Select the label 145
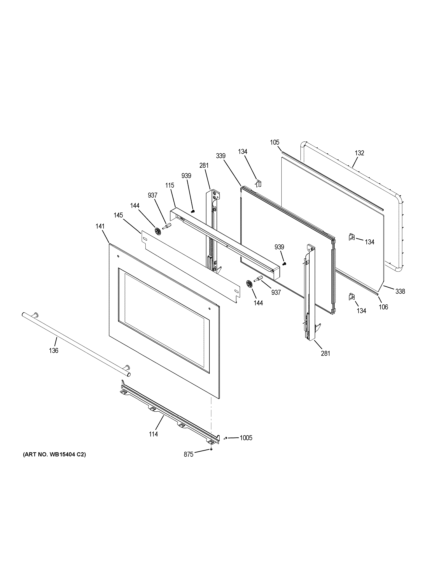click(118, 215)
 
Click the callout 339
click(221, 156)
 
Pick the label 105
click(275, 142)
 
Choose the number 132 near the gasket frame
click(359, 153)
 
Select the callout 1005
click(246, 438)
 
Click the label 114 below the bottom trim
click(153, 434)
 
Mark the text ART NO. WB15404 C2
click(54, 454)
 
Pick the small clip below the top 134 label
click(259, 184)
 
